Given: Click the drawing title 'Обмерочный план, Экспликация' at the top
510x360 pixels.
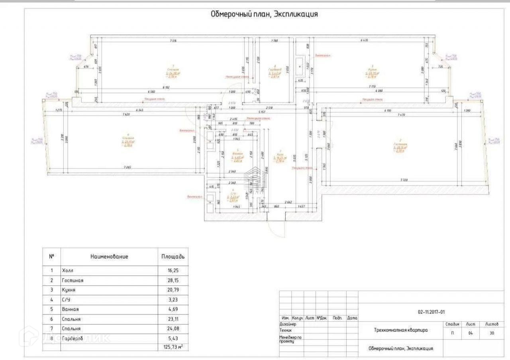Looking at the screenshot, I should (264, 14).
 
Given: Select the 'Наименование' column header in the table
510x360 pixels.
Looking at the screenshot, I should (109, 257).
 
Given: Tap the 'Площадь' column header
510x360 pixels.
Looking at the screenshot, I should (173, 257).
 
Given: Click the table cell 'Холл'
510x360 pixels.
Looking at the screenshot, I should (68, 270).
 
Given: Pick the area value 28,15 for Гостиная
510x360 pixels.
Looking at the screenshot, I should (173, 280).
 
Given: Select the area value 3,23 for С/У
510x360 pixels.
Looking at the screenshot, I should (173, 300).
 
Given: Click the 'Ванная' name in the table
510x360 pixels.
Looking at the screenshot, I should (71, 309).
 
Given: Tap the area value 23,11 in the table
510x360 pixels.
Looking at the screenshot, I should (173, 319).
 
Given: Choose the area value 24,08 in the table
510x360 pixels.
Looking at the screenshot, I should (173, 329).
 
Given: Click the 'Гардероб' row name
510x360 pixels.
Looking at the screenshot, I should (72, 338).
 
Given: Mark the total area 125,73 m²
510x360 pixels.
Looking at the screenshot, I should (172, 347).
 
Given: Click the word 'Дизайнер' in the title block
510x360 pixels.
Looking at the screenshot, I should (288, 324).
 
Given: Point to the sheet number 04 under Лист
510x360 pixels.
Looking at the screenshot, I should (471, 333).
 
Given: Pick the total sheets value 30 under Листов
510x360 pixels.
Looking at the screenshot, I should (492, 333).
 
